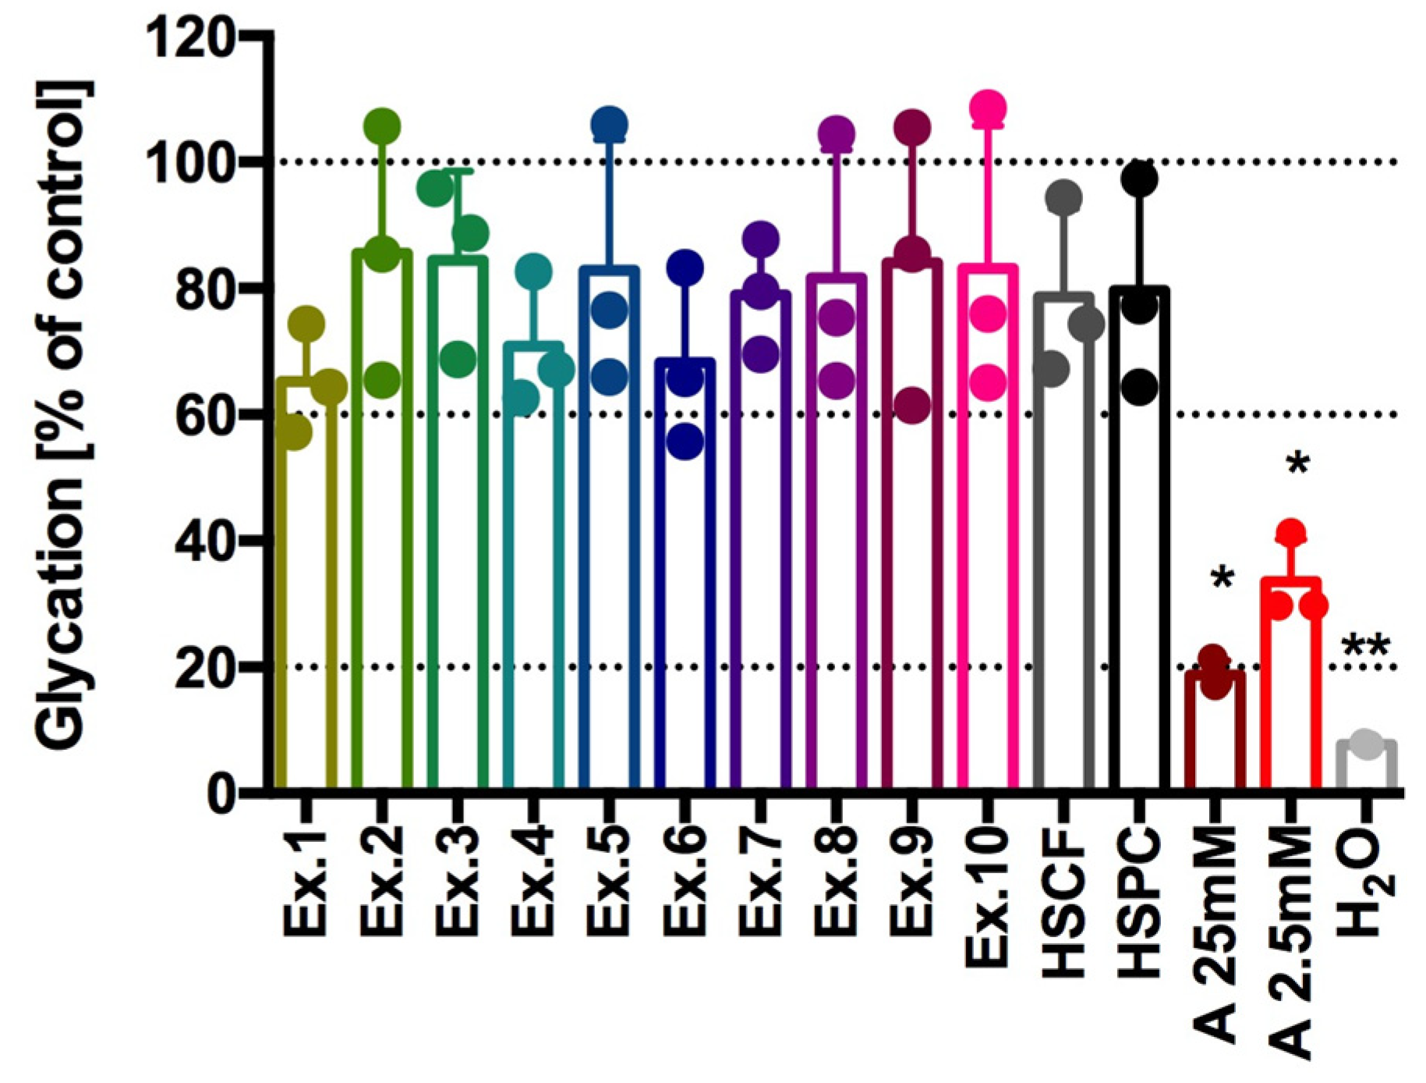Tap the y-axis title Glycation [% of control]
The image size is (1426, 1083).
tap(64, 414)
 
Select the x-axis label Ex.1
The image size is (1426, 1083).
tap(305, 882)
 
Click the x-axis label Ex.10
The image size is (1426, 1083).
tap(986, 897)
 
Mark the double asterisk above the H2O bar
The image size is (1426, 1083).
tap(1366, 647)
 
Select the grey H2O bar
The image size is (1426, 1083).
tap(1366, 769)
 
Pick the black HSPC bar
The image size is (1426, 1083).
tap(1139, 546)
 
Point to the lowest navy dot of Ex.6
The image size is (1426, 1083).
tap(685, 442)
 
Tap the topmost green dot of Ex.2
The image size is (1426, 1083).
tap(382, 126)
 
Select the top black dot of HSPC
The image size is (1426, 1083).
tap(1140, 179)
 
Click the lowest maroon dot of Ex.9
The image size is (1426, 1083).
tap(913, 405)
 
